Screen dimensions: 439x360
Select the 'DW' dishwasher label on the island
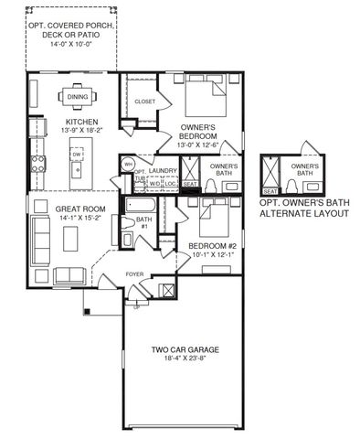78,156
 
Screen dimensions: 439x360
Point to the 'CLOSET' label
144,102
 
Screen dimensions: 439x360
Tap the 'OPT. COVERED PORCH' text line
71,25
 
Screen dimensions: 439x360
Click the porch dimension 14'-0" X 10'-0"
71,45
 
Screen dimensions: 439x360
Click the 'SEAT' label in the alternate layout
270,190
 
